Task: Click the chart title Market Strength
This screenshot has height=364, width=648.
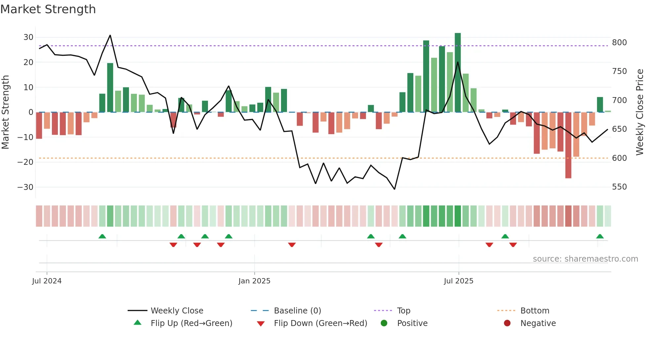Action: click(x=48, y=9)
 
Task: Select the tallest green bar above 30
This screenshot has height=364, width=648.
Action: click(x=458, y=73)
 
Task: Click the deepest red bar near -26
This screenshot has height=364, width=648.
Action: click(x=568, y=145)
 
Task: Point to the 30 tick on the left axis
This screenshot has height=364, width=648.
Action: click(x=28, y=37)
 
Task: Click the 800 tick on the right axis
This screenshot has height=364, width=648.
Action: click(x=619, y=43)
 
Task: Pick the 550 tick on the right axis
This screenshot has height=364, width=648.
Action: click(x=619, y=187)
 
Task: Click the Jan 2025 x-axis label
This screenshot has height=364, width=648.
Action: click(x=254, y=281)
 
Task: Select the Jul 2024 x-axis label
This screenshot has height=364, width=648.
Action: click(x=47, y=281)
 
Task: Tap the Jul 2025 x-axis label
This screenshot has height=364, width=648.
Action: click(x=459, y=281)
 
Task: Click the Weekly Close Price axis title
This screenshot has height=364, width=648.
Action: click(x=640, y=112)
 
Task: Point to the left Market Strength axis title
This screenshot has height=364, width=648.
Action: click(x=6, y=112)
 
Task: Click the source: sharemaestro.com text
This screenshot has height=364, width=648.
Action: click(x=585, y=259)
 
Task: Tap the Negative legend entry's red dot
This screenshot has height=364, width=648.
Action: click(x=507, y=323)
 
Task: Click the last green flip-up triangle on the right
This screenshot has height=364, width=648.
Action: click(x=600, y=237)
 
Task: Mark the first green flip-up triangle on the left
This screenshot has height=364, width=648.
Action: click(x=102, y=237)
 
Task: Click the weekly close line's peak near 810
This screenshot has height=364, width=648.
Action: click(x=110, y=35)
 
